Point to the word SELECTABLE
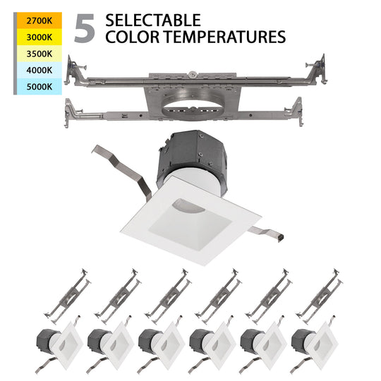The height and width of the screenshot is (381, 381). pos(152,20)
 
